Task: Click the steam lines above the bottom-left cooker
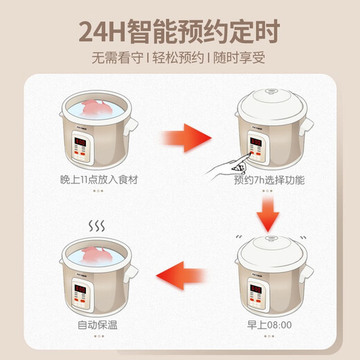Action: click(x=95, y=225)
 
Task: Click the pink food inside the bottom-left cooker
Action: click(x=95, y=251)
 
